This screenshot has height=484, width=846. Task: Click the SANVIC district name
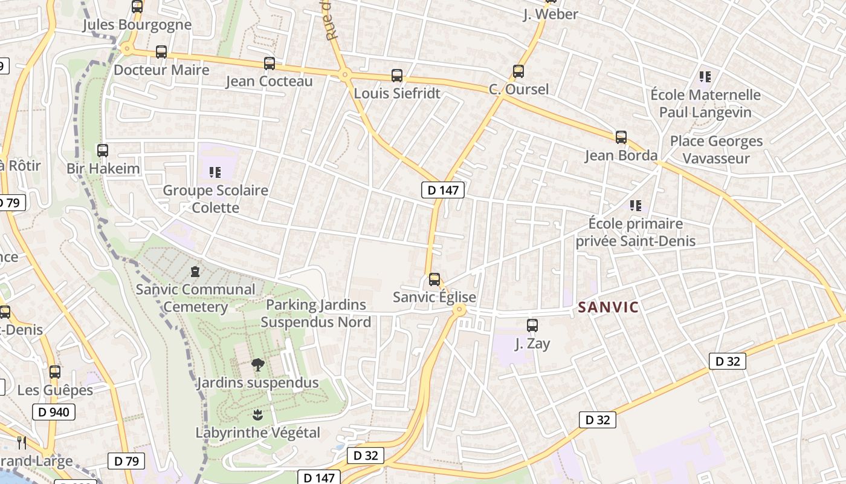click(x=608, y=307)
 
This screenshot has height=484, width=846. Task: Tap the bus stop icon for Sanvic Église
click(x=434, y=280)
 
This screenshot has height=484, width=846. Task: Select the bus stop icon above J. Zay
click(x=532, y=325)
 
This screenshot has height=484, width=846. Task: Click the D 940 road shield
click(x=54, y=413)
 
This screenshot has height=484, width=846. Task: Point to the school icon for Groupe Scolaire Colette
click(x=215, y=172)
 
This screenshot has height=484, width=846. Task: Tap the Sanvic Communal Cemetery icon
click(x=195, y=272)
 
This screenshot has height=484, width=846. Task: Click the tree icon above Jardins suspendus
click(x=257, y=365)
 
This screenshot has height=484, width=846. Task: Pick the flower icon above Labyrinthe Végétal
click(x=257, y=415)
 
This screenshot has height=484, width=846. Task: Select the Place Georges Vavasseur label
click(x=716, y=149)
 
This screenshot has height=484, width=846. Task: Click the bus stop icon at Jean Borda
click(x=621, y=137)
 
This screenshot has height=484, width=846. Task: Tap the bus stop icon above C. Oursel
click(x=518, y=71)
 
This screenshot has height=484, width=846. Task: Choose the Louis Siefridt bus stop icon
click(x=396, y=76)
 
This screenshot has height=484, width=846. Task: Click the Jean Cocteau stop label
click(x=270, y=81)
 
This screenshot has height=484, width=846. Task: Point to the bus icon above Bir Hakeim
click(x=103, y=151)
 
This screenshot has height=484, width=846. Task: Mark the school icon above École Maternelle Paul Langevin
click(x=705, y=77)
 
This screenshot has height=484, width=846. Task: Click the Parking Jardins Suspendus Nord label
click(x=316, y=313)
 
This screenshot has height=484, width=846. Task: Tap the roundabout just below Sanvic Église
click(x=459, y=310)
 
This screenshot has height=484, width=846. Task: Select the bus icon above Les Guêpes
click(x=54, y=372)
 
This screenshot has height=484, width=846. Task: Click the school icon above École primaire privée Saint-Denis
click(x=635, y=206)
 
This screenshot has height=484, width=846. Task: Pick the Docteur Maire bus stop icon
click(x=161, y=52)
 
